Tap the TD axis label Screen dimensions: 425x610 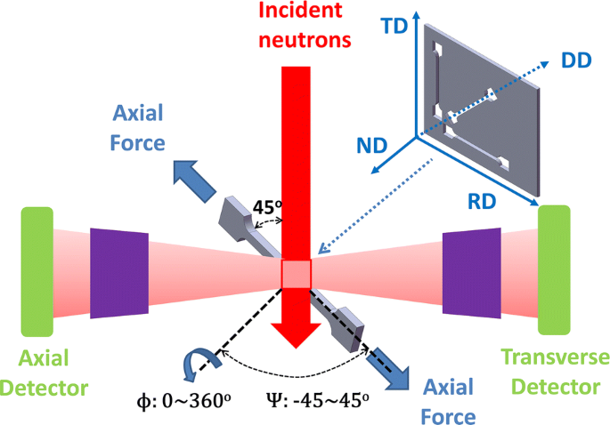(x=394, y=27)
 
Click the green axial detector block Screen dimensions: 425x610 (x=38, y=270)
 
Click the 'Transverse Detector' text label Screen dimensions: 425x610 (x=556, y=372)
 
